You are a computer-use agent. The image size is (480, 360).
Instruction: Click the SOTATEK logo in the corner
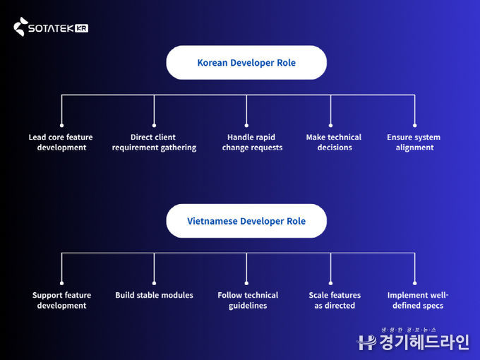point(50,28)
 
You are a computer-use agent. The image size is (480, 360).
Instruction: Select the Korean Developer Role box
point(246,63)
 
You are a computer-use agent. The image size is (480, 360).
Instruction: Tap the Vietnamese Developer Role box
point(246,221)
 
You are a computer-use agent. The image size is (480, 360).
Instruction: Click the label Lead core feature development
point(61,142)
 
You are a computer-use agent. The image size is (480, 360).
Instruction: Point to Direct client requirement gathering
point(154,142)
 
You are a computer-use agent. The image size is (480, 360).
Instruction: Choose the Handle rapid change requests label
point(252,142)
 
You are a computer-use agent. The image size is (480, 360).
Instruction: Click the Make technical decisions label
point(334,142)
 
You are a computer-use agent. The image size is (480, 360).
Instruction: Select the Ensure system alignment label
point(414,142)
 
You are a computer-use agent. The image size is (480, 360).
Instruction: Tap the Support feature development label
point(62,300)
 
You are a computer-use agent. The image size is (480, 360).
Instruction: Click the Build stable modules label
point(154,295)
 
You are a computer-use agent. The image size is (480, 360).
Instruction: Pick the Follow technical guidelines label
point(248,300)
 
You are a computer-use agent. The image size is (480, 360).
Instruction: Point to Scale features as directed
point(335,300)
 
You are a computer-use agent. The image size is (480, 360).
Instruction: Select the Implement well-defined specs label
point(418,300)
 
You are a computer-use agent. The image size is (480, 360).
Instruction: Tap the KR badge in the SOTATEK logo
point(81,29)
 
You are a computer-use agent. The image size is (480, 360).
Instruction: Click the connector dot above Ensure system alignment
point(414,124)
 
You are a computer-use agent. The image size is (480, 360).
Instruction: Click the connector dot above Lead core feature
point(61,124)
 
